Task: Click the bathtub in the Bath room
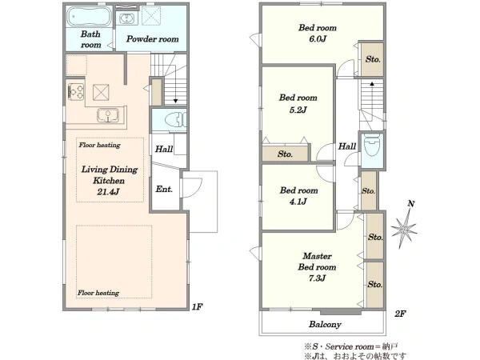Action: (89, 17)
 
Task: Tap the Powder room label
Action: (153, 39)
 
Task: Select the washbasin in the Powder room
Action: (126, 18)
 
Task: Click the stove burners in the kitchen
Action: (76, 91)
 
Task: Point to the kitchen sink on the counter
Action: (108, 115)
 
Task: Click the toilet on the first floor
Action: (175, 120)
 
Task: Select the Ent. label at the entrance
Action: (164, 189)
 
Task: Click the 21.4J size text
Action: (108, 192)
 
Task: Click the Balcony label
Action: (325, 324)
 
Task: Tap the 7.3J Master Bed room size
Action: (317, 278)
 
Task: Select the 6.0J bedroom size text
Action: (317, 39)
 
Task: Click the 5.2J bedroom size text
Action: (298, 110)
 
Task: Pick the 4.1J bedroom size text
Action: (298, 202)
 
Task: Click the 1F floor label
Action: (197, 306)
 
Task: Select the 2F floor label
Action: (400, 314)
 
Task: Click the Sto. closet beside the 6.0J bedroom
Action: (373, 59)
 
